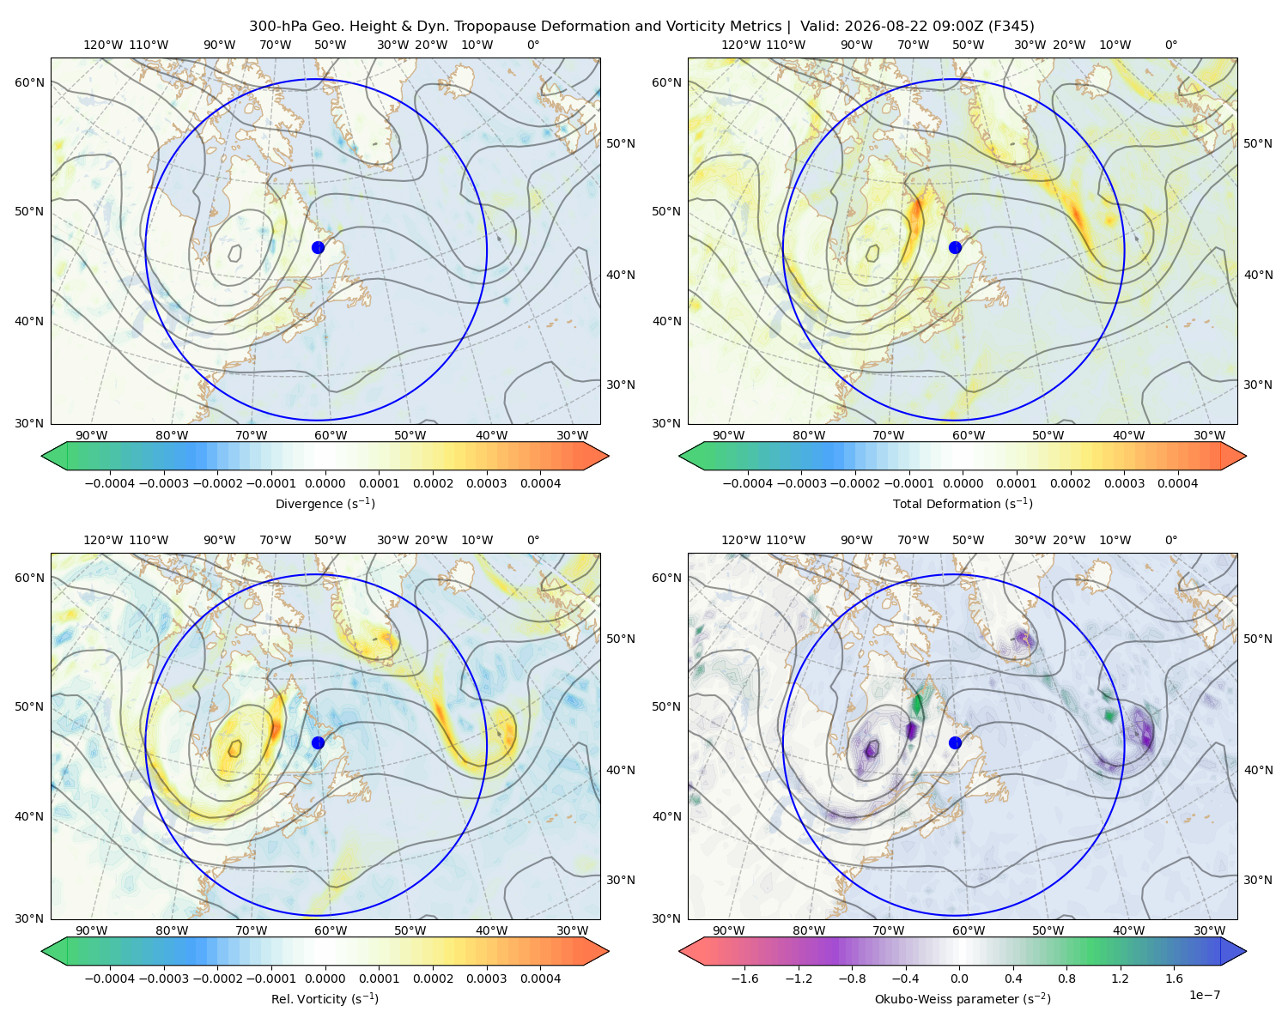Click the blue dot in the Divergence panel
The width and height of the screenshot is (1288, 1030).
(x=318, y=247)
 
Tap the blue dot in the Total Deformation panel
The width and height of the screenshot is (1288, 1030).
(x=955, y=247)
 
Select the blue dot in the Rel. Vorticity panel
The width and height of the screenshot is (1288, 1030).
(x=318, y=742)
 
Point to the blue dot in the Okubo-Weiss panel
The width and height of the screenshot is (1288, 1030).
(x=955, y=742)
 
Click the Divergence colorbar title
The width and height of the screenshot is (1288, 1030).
(x=325, y=503)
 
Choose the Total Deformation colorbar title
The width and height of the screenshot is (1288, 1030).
(x=963, y=503)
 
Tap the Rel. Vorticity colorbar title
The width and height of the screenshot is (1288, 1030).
(x=325, y=998)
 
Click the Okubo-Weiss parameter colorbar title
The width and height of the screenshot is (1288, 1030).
(x=963, y=998)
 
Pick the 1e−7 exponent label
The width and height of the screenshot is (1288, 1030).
(x=1204, y=995)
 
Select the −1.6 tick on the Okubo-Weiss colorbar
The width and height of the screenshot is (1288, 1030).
(x=744, y=978)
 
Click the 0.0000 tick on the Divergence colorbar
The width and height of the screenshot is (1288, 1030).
(x=325, y=483)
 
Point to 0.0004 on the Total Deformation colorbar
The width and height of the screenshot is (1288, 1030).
(x=1177, y=483)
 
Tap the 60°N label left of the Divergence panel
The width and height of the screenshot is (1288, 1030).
(x=29, y=82)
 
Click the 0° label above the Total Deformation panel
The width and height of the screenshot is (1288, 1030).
(x=1170, y=45)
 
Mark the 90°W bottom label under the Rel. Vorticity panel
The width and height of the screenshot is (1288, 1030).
(x=92, y=930)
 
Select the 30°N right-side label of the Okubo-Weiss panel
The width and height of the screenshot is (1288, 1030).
(x=1257, y=879)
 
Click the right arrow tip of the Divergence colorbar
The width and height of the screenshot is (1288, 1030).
(x=609, y=456)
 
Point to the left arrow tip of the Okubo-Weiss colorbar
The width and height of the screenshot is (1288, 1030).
(x=678, y=951)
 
